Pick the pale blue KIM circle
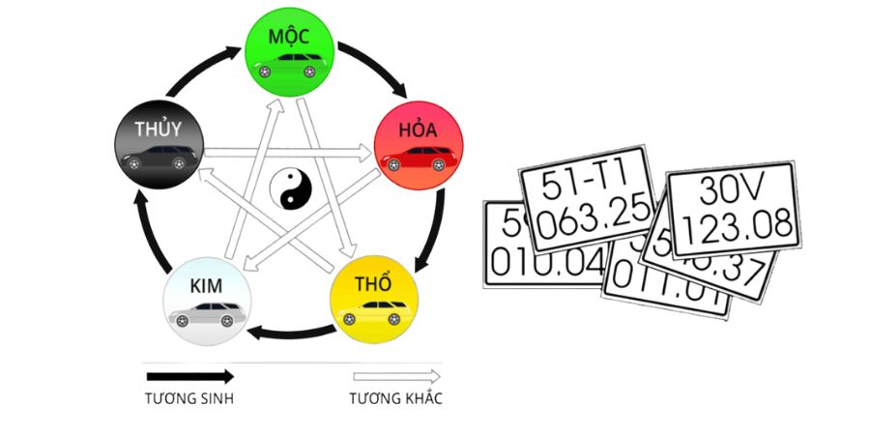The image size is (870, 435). tap(207, 299)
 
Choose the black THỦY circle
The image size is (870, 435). tap(158, 144)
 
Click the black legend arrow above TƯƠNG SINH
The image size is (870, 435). tap(189, 377)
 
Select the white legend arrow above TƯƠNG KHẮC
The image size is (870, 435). tap(396, 377)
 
